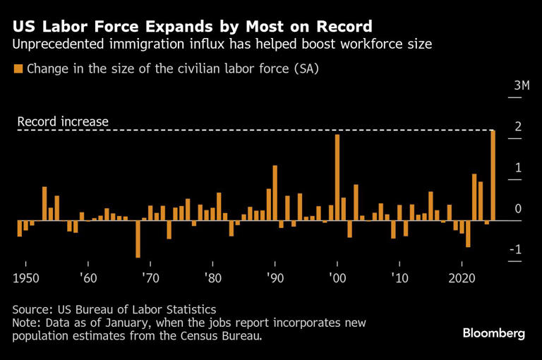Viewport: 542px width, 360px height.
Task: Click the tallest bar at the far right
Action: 493,175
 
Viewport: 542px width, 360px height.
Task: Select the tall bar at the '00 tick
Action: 337,177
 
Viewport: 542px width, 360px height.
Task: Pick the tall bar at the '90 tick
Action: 275,193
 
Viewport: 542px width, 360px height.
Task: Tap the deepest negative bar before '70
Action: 138,239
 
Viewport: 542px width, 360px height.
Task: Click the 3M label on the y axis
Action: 522,85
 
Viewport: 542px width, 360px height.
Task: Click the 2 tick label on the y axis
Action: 519,126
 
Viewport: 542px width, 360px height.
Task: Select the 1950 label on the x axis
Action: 27,277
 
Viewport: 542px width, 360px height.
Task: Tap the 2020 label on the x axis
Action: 462,277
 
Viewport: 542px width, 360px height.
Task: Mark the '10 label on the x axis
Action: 399,277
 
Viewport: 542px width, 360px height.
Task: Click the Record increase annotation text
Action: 63,121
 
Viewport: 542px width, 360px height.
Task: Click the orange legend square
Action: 18,69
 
